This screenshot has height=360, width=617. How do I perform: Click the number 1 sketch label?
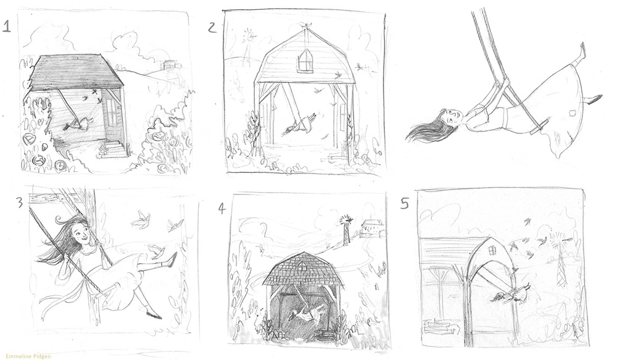[x=6, y=27]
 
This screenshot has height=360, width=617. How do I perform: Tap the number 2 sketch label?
[x=212, y=28]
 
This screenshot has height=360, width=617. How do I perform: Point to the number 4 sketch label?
[x=222, y=208]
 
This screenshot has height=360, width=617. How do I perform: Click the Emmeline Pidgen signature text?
[x=28, y=356]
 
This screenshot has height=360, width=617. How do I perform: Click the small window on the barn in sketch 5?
[x=492, y=251]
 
